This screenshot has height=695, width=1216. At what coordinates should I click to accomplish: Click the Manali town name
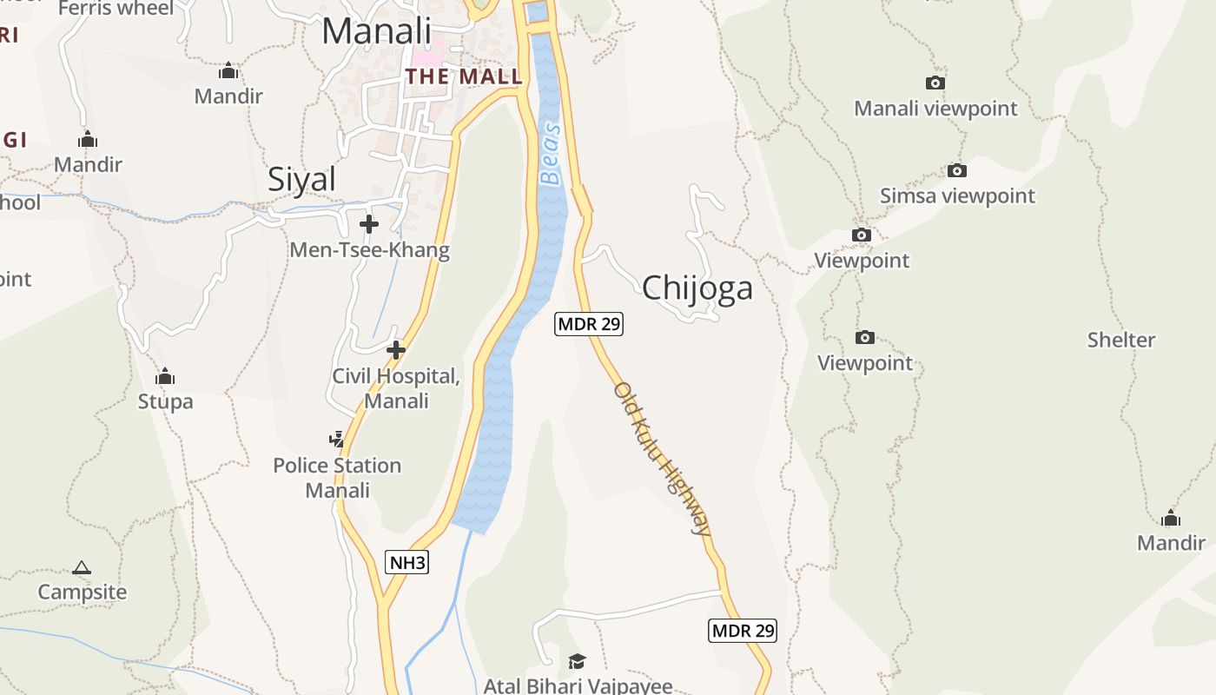coord(376,31)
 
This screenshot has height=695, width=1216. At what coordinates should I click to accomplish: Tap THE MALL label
coord(464,76)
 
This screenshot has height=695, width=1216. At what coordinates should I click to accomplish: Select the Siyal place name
coord(301,180)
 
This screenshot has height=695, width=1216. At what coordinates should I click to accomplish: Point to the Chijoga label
coord(697,288)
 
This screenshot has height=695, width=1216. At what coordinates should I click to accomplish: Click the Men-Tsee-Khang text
coord(369,250)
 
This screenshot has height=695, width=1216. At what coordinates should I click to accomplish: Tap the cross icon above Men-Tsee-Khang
coord(369,224)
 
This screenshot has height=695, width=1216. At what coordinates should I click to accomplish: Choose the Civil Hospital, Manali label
coord(396,388)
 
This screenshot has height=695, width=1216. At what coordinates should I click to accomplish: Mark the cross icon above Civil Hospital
coord(396,350)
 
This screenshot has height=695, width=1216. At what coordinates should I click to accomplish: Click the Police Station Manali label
coord(337,478)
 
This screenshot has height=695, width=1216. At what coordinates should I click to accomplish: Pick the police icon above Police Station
coord(337,440)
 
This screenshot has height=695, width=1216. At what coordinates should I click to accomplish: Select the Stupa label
coord(165,401)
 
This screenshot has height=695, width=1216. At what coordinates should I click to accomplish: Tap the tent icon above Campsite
coord(82,568)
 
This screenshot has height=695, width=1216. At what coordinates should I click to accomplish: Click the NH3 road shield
coord(407,563)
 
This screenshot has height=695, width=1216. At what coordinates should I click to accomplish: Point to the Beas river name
coord(551,155)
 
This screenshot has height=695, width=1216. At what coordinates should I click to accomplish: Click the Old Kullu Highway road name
coord(662,458)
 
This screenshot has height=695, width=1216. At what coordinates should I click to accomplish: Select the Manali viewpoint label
coord(935,109)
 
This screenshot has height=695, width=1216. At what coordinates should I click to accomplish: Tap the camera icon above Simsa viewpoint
coord(957,170)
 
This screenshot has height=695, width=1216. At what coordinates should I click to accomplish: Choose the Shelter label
coord(1121,340)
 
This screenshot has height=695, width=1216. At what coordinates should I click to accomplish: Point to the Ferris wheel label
coord(116,9)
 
